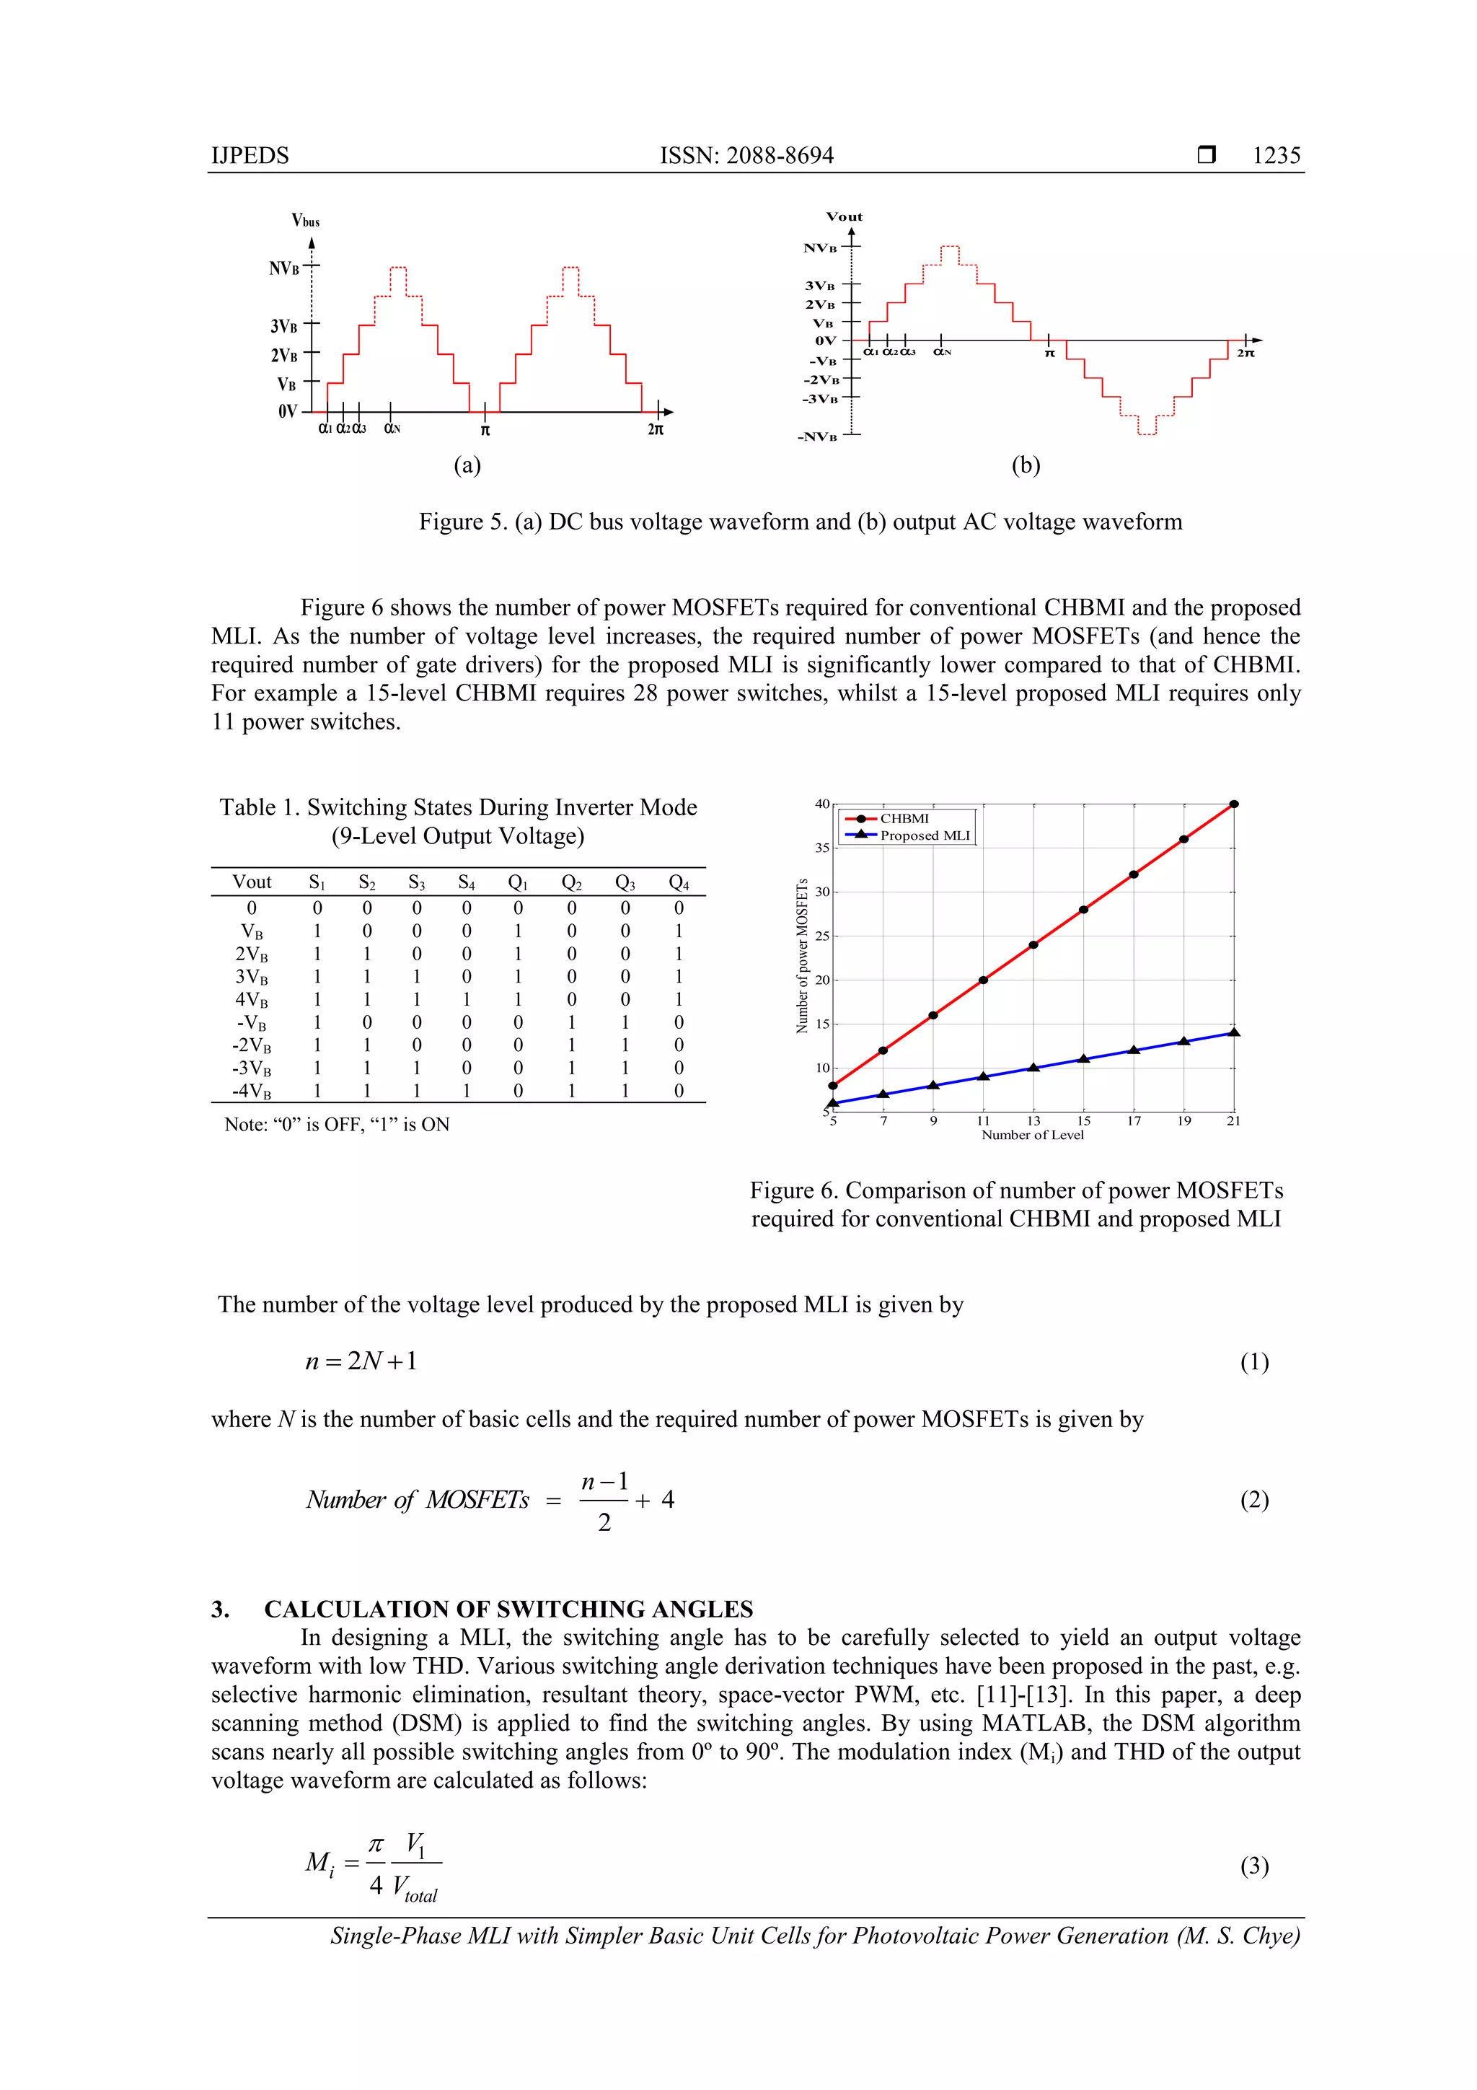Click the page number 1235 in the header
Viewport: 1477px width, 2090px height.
tap(1275, 156)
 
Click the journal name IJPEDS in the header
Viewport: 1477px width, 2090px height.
tap(250, 156)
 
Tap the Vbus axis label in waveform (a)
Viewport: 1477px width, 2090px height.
tap(305, 220)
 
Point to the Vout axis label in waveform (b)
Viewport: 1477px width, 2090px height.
tap(844, 216)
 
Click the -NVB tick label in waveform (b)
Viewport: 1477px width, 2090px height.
tap(817, 437)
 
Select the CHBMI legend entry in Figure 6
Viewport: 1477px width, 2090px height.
tap(904, 818)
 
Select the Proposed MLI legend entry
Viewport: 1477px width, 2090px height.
tap(924, 835)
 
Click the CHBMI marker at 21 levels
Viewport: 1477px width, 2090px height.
tap(1234, 804)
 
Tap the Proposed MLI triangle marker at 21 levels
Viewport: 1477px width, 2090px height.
tap(1234, 1032)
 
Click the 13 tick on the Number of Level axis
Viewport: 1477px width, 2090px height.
tap(1033, 1120)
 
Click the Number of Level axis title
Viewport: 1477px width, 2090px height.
tap(1032, 1135)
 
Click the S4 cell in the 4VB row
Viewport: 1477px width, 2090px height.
tap(466, 999)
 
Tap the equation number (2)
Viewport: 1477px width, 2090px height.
tap(1253, 1499)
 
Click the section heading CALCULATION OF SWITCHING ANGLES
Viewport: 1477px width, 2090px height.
tap(508, 1609)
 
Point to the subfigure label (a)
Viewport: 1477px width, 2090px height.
tap(467, 465)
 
